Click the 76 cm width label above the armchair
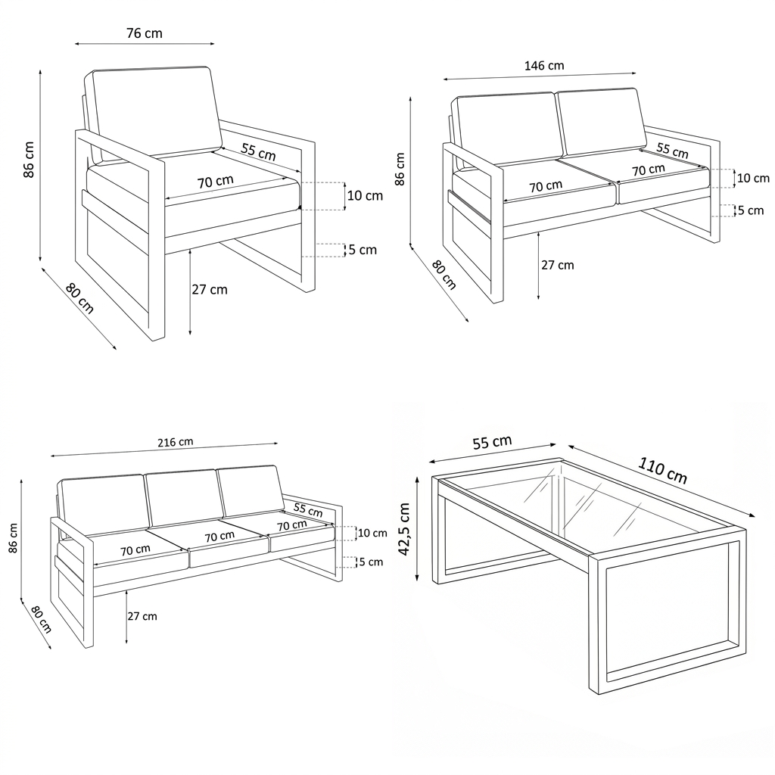[145, 33]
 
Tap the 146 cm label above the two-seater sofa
[544, 65]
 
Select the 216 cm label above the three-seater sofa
[176, 442]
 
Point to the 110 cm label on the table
[663, 469]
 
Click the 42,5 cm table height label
[404, 529]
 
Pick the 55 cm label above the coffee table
[492, 442]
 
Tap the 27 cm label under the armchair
[210, 289]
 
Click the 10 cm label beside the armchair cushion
[365, 196]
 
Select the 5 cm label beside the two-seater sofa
[751, 210]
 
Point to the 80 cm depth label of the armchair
[79, 298]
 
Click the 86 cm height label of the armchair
[29, 160]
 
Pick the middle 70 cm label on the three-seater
[219, 537]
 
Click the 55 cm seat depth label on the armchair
[259, 151]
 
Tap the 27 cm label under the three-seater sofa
[142, 616]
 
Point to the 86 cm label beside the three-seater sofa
[13, 538]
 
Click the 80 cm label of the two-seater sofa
[444, 275]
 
